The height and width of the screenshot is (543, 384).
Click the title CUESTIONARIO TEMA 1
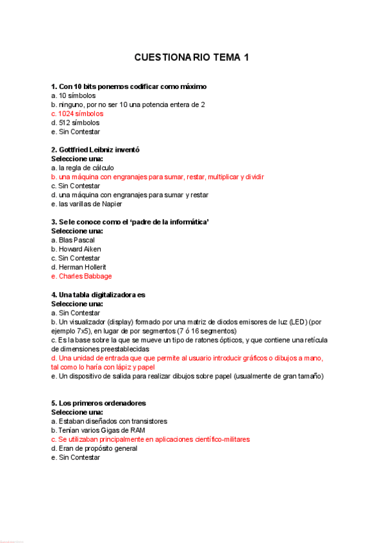tap(192, 58)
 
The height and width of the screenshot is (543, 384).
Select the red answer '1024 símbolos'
tap(80, 113)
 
